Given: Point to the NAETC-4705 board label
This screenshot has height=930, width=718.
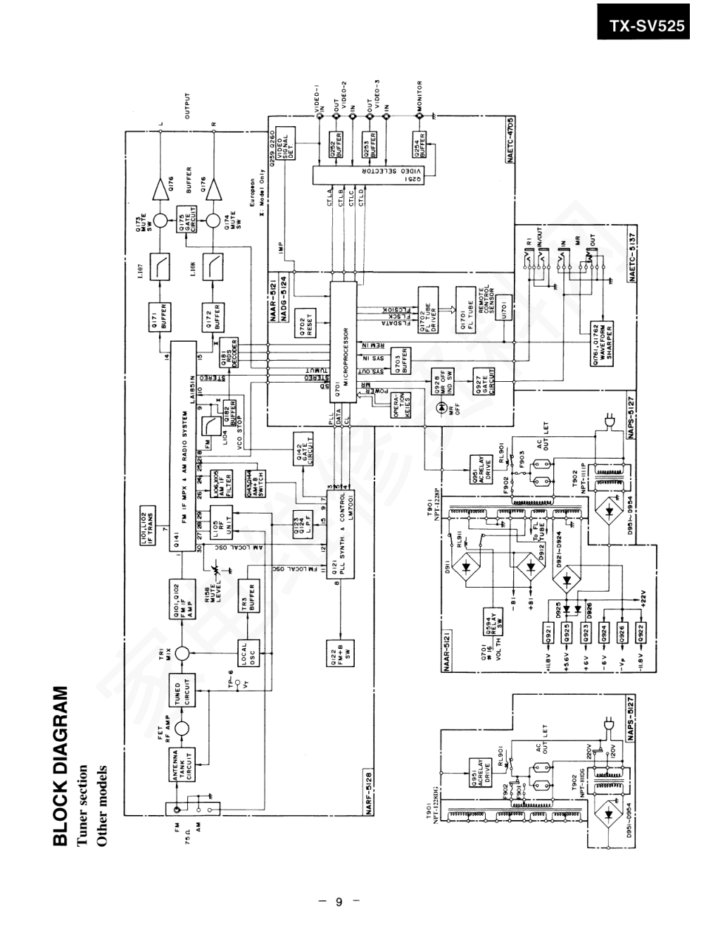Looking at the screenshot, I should coord(511,140).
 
